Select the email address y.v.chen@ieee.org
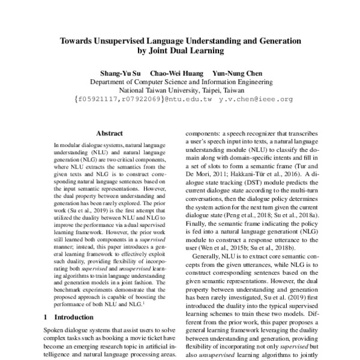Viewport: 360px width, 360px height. tap(256, 100)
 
